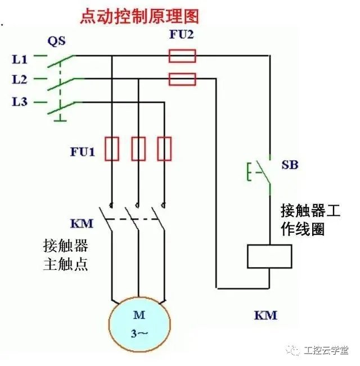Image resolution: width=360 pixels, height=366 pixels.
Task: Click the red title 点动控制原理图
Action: (x=139, y=15)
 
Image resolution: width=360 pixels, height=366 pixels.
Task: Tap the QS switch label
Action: (x=56, y=40)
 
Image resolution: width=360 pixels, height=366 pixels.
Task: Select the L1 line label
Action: (x=20, y=57)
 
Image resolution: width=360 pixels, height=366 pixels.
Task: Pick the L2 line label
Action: (x=20, y=79)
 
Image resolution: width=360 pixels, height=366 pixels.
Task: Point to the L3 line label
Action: (x=20, y=102)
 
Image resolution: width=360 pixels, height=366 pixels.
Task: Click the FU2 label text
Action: (x=181, y=34)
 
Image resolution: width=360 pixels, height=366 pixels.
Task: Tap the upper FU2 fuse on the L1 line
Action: (x=182, y=56)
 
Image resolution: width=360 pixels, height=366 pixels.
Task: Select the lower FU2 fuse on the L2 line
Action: (x=182, y=79)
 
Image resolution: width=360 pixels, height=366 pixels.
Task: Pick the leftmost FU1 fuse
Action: (x=112, y=148)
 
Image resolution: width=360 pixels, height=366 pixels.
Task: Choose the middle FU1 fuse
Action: (x=138, y=148)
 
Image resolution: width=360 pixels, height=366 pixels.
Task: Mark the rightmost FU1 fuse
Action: (x=164, y=148)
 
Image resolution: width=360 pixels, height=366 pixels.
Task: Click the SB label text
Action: (x=290, y=165)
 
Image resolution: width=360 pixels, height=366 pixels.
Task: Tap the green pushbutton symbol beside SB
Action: (x=257, y=172)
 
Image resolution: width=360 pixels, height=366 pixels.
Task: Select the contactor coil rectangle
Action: (x=269, y=256)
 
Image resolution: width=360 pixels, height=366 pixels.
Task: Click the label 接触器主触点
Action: (x=66, y=255)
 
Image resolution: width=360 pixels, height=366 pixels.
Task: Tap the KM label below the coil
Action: (x=265, y=315)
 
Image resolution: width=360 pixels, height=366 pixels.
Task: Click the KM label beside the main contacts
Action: (x=82, y=223)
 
